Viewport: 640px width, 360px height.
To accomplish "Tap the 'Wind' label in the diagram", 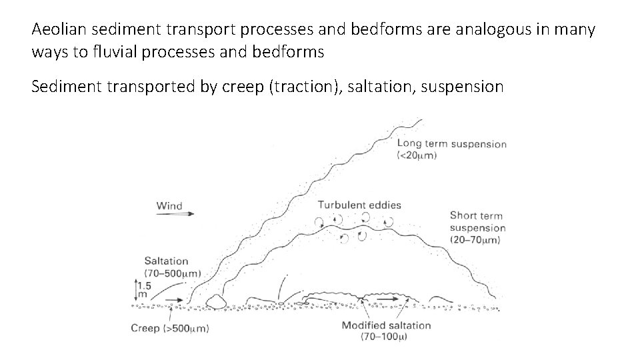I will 169,205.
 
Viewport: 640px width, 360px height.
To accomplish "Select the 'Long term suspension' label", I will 451,144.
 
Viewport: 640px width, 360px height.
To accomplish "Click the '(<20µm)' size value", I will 417,155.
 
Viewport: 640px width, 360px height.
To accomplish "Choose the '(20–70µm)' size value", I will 477,239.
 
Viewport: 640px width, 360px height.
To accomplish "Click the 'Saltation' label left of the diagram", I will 166,261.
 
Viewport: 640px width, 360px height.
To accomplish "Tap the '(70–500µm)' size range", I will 172,273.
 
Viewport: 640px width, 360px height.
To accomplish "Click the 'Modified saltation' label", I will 386,325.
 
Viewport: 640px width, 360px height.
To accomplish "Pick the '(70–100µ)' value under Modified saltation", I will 384,337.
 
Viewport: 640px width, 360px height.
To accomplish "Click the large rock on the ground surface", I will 217,302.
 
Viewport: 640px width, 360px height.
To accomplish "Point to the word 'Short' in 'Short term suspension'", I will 463,215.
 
